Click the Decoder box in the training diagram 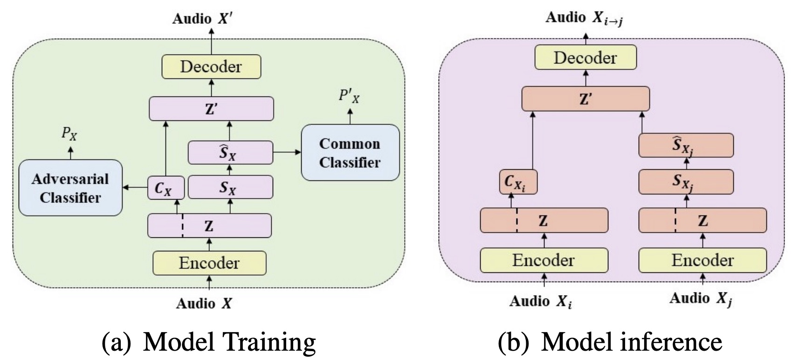tap(211, 67)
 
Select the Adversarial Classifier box tap(70, 188)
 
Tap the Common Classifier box tap(350, 152)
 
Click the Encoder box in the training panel tap(209, 263)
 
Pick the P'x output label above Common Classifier tap(349, 97)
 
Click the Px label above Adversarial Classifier tap(69, 134)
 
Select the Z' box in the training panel tap(211, 109)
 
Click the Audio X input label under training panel tap(204, 304)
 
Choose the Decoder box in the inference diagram tap(585, 58)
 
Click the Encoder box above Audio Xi tap(544, 260)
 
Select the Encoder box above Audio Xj tap(702, 260)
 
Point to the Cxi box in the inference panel tap(518, 182)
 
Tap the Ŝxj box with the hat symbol tap(686, 145)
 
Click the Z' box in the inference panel tap(585, 99)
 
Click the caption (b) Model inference tap(610, 342)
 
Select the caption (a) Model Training tap(209, 342)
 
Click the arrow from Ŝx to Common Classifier tap(287, 152)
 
